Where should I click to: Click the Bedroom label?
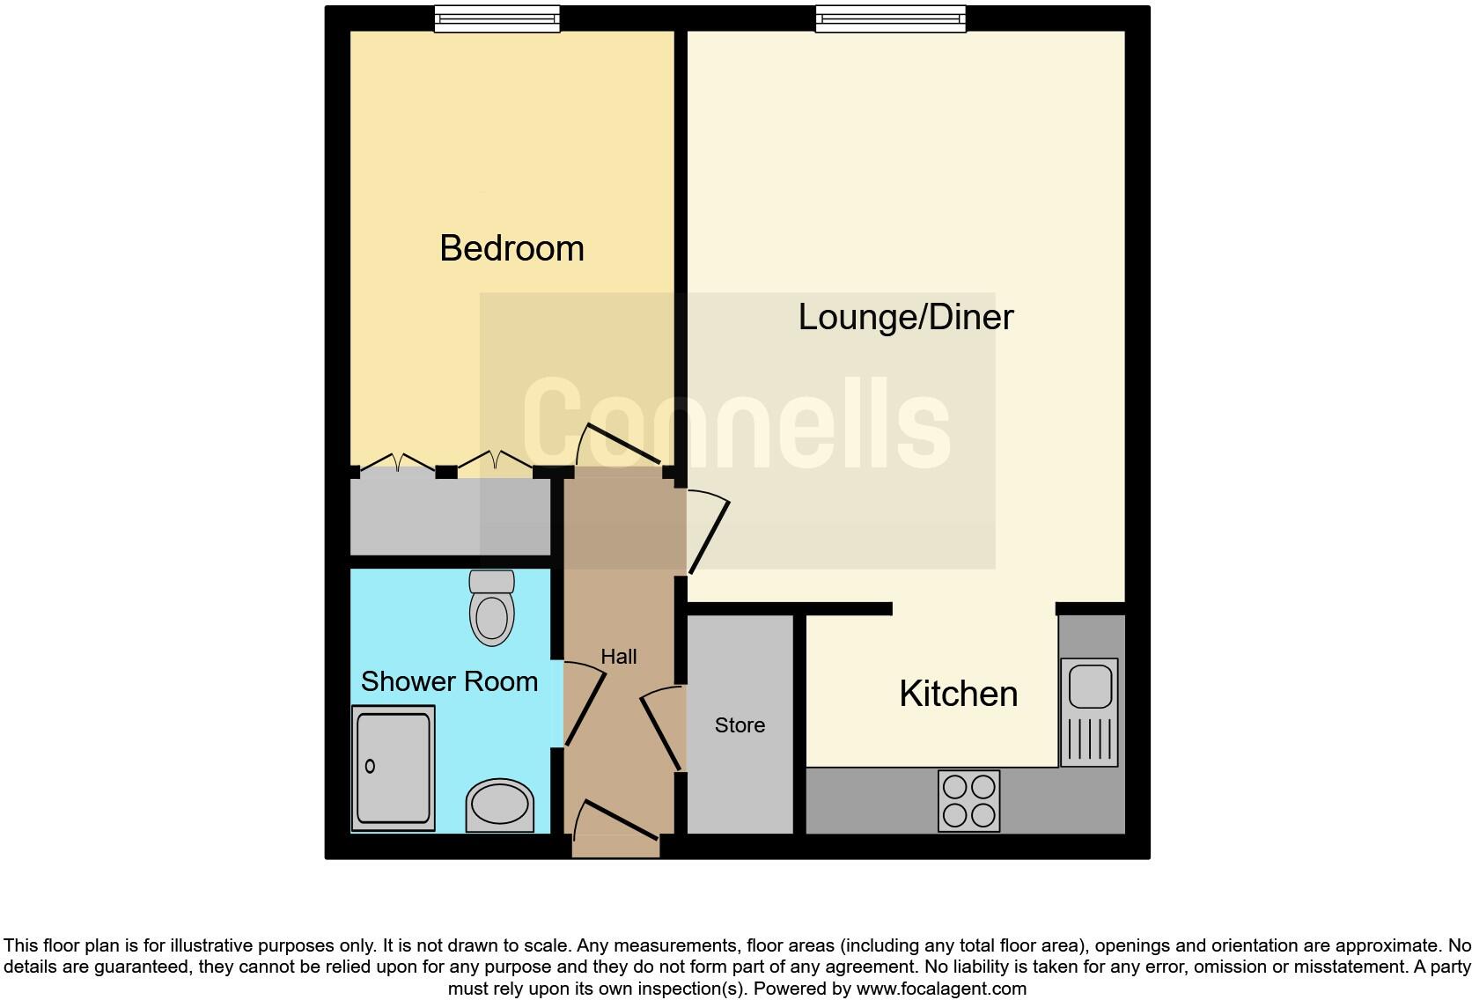[x=512, y=248]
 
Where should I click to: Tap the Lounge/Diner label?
[x=905, y=317]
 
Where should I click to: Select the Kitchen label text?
[x=958, y=694]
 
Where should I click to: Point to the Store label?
[x=740, y=724]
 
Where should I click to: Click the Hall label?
[x=618, y=657]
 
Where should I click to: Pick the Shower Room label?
[x=449, y=681]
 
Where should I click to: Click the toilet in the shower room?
[x=491, y=608]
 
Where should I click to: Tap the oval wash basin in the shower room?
[x=499, y=805]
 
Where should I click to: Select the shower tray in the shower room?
[x=393, y=769]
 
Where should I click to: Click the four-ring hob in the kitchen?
[x=969, y=800]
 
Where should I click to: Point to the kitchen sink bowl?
[x=1089, y=687]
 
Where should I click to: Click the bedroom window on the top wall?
[x=497, y=18]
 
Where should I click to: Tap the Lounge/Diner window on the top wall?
[x=890, y=18]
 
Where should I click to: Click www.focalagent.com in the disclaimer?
[x=940, y=989]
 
